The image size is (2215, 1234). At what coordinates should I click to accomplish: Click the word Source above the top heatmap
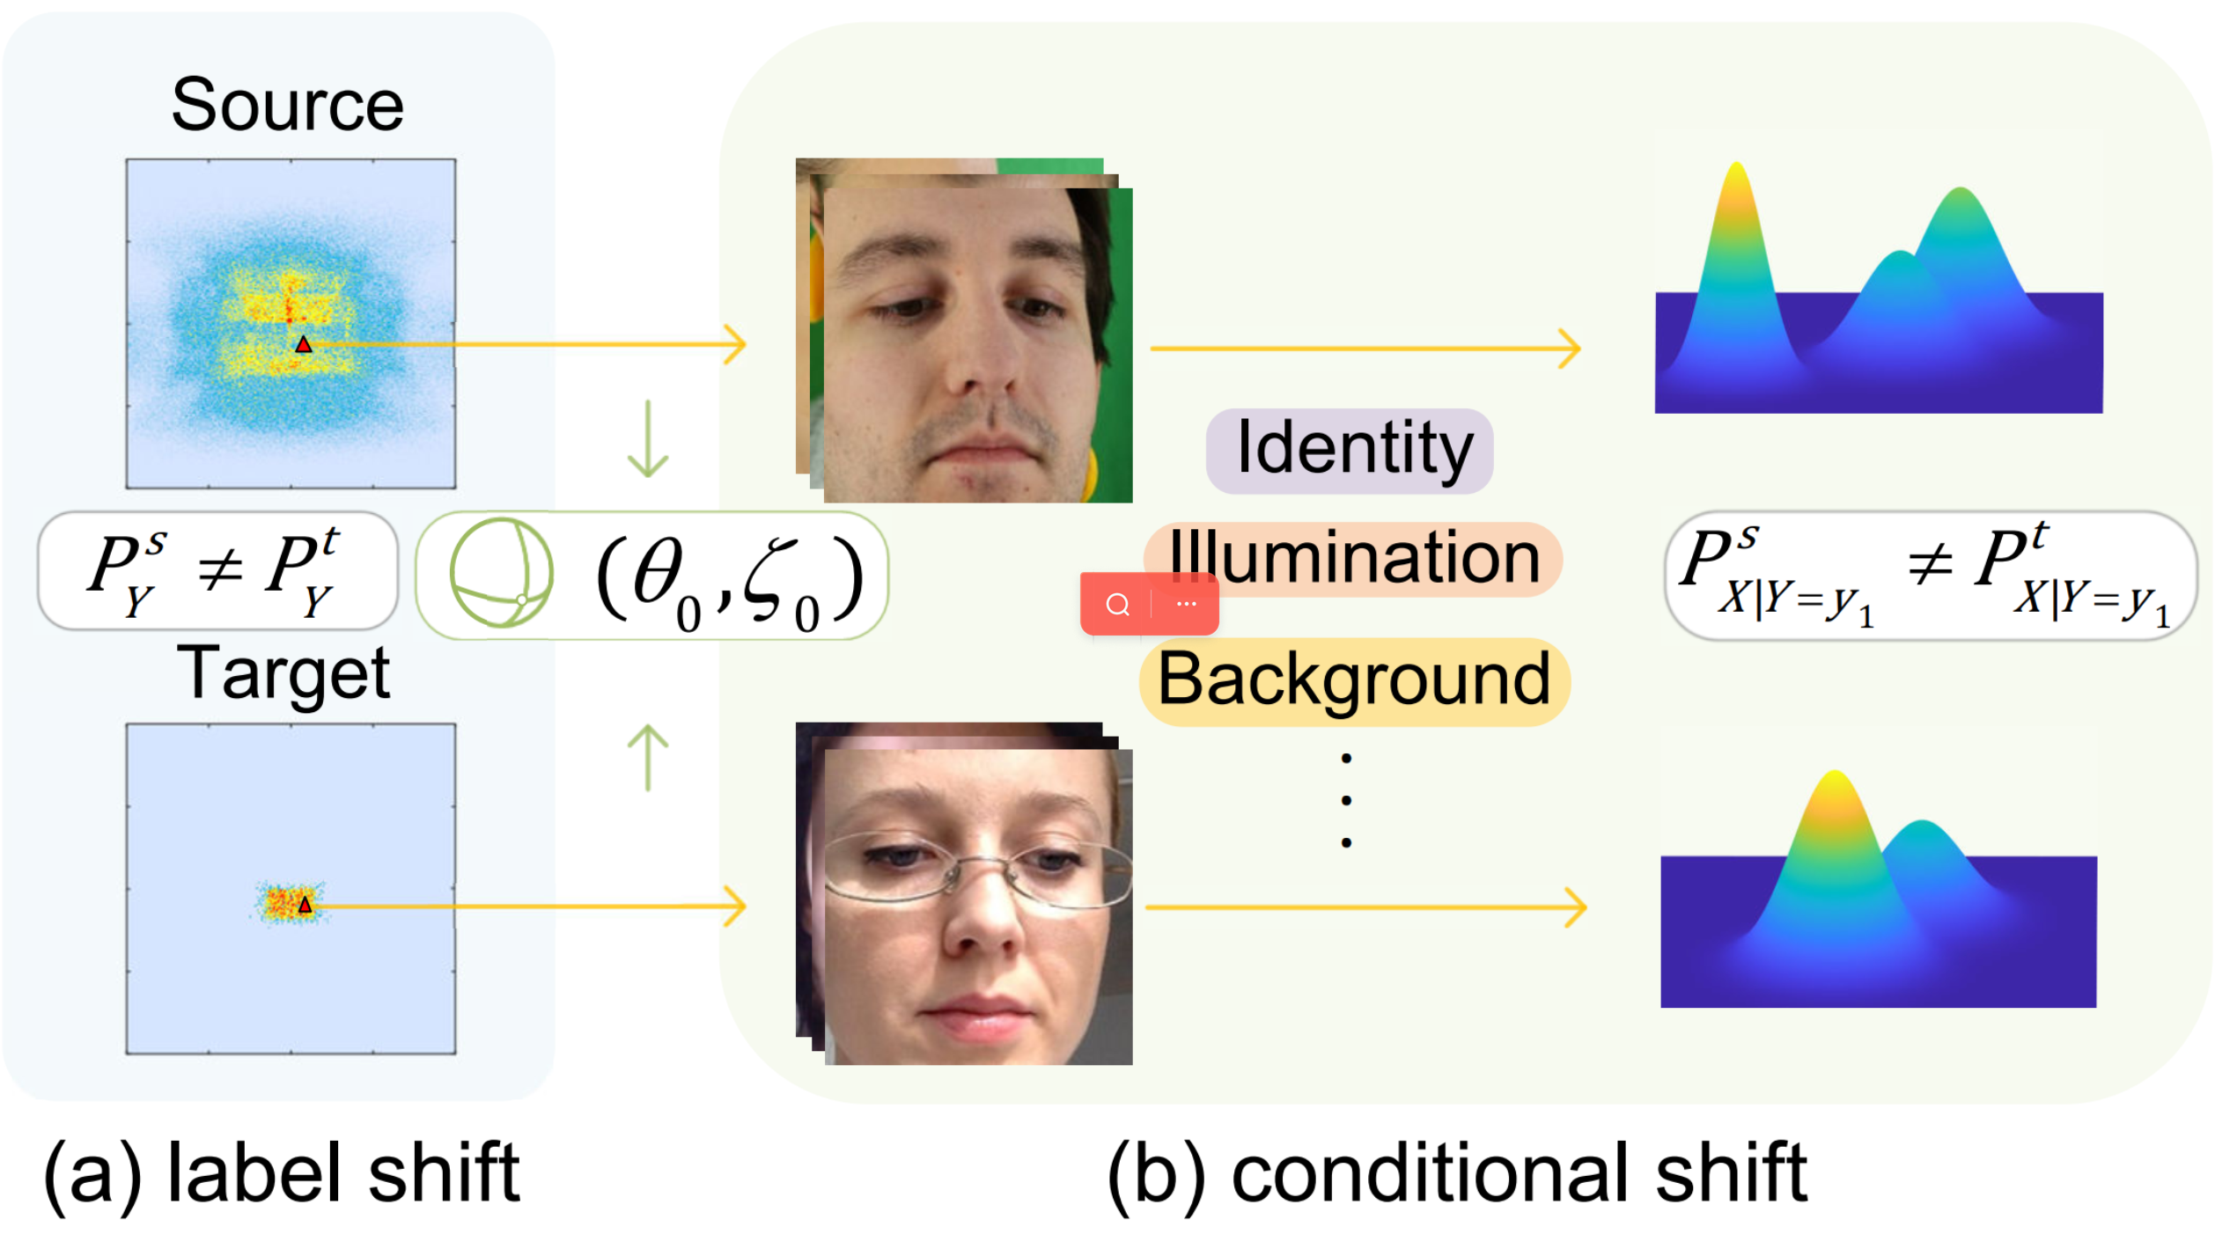287,106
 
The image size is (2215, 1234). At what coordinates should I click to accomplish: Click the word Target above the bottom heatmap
283,673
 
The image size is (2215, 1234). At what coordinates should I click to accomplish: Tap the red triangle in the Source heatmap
303,345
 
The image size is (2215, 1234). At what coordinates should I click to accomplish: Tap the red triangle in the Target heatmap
305,905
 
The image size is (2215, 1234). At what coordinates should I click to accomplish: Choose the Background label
1354,680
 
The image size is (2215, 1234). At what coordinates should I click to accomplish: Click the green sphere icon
501,574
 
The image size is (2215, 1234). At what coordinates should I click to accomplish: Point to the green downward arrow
648,440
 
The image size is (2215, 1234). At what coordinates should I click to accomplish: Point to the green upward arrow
648,757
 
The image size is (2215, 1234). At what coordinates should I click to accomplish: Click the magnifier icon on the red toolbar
1117,605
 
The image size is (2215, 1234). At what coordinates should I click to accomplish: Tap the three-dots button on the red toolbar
1186,605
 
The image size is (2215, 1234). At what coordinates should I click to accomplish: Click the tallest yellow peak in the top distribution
1736,176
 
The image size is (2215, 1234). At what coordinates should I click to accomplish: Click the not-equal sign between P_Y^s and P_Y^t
219,569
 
